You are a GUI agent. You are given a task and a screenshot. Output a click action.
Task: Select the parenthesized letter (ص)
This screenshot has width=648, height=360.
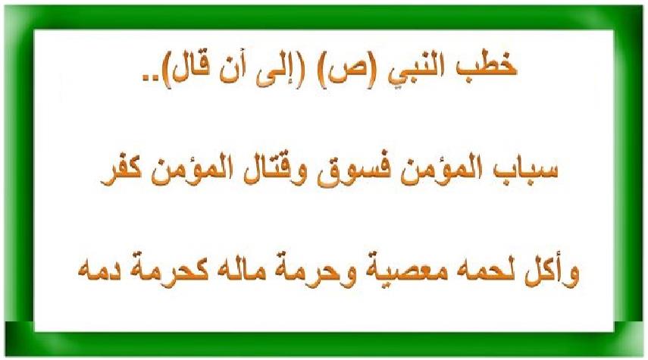click(345, 72)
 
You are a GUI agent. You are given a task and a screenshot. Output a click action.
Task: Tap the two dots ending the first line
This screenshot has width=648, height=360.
click(150, 78)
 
